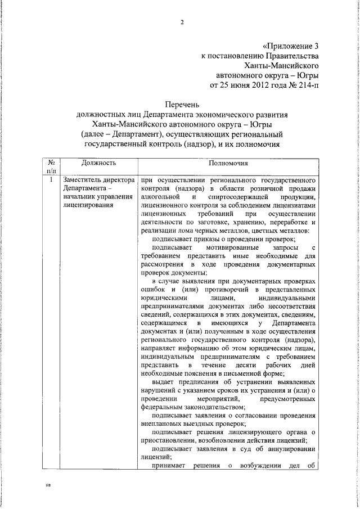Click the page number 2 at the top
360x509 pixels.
point(182,22)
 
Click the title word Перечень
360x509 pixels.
point(182,104)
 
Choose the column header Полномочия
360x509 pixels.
point(227,163)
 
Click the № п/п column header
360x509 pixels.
point(51,166)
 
